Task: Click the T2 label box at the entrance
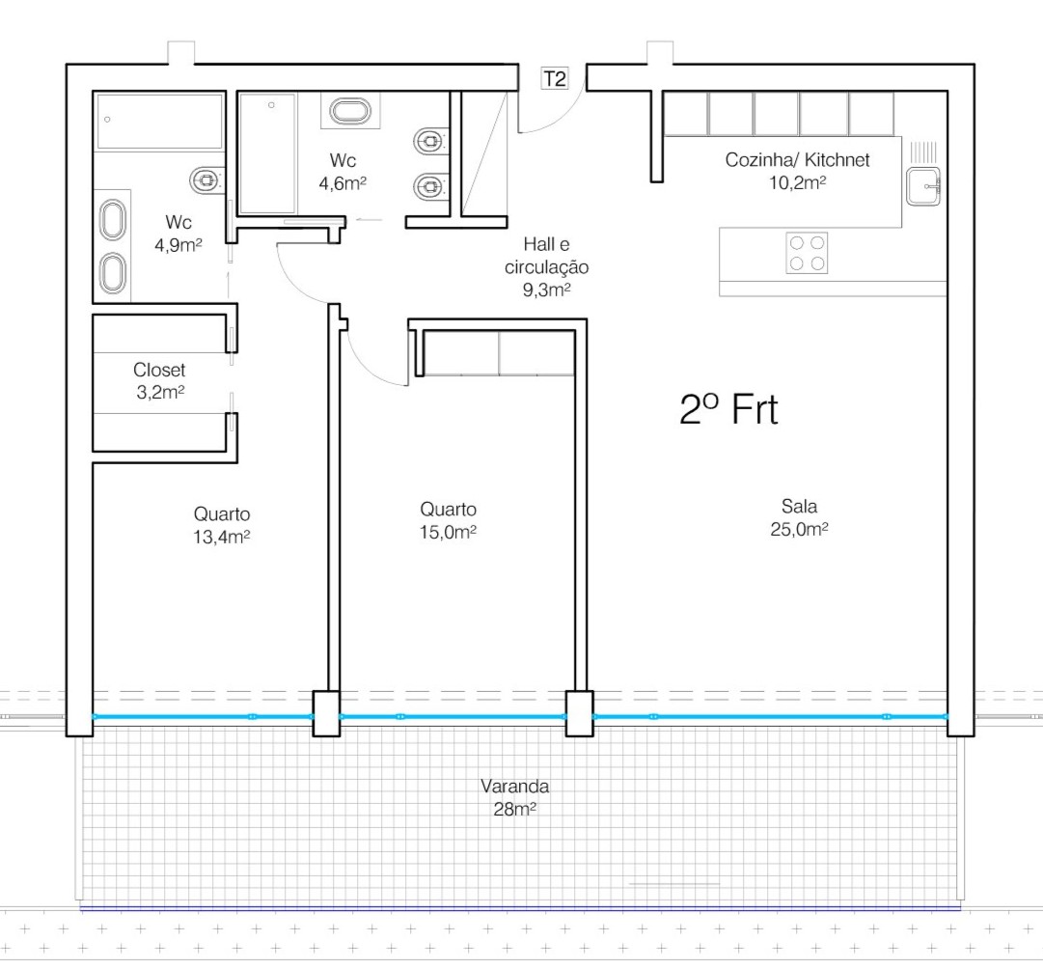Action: click(x=555, y=78)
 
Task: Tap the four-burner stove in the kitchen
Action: click(x=808, y=253)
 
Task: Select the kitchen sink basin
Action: click(x=923, y=186)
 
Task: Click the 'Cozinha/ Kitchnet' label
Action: click(x=797, y=159)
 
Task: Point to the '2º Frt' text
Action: click(x=728, y=409)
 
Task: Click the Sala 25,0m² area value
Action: click(x=799, y=529)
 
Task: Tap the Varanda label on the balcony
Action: click(x=515, y=787)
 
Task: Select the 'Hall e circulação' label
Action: click(x=546, y=256)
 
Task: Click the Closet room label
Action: click(x=159, y=370)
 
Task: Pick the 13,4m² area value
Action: click(x=222, y=537)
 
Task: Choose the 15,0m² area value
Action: click(x=448, y=533)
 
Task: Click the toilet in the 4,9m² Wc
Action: click(x=206, y=180)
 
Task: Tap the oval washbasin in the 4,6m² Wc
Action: click(x=350, y=111)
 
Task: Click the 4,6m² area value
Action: click(x=343, y=183)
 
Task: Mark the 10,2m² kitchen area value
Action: click(x=798, y=182)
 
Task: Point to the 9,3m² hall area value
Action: click(x=546, y=291)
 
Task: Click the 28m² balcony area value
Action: click(x=515, y=810)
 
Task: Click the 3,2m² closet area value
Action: click(x=159, y=393)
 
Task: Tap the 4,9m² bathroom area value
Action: click(x=178, y=245)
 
